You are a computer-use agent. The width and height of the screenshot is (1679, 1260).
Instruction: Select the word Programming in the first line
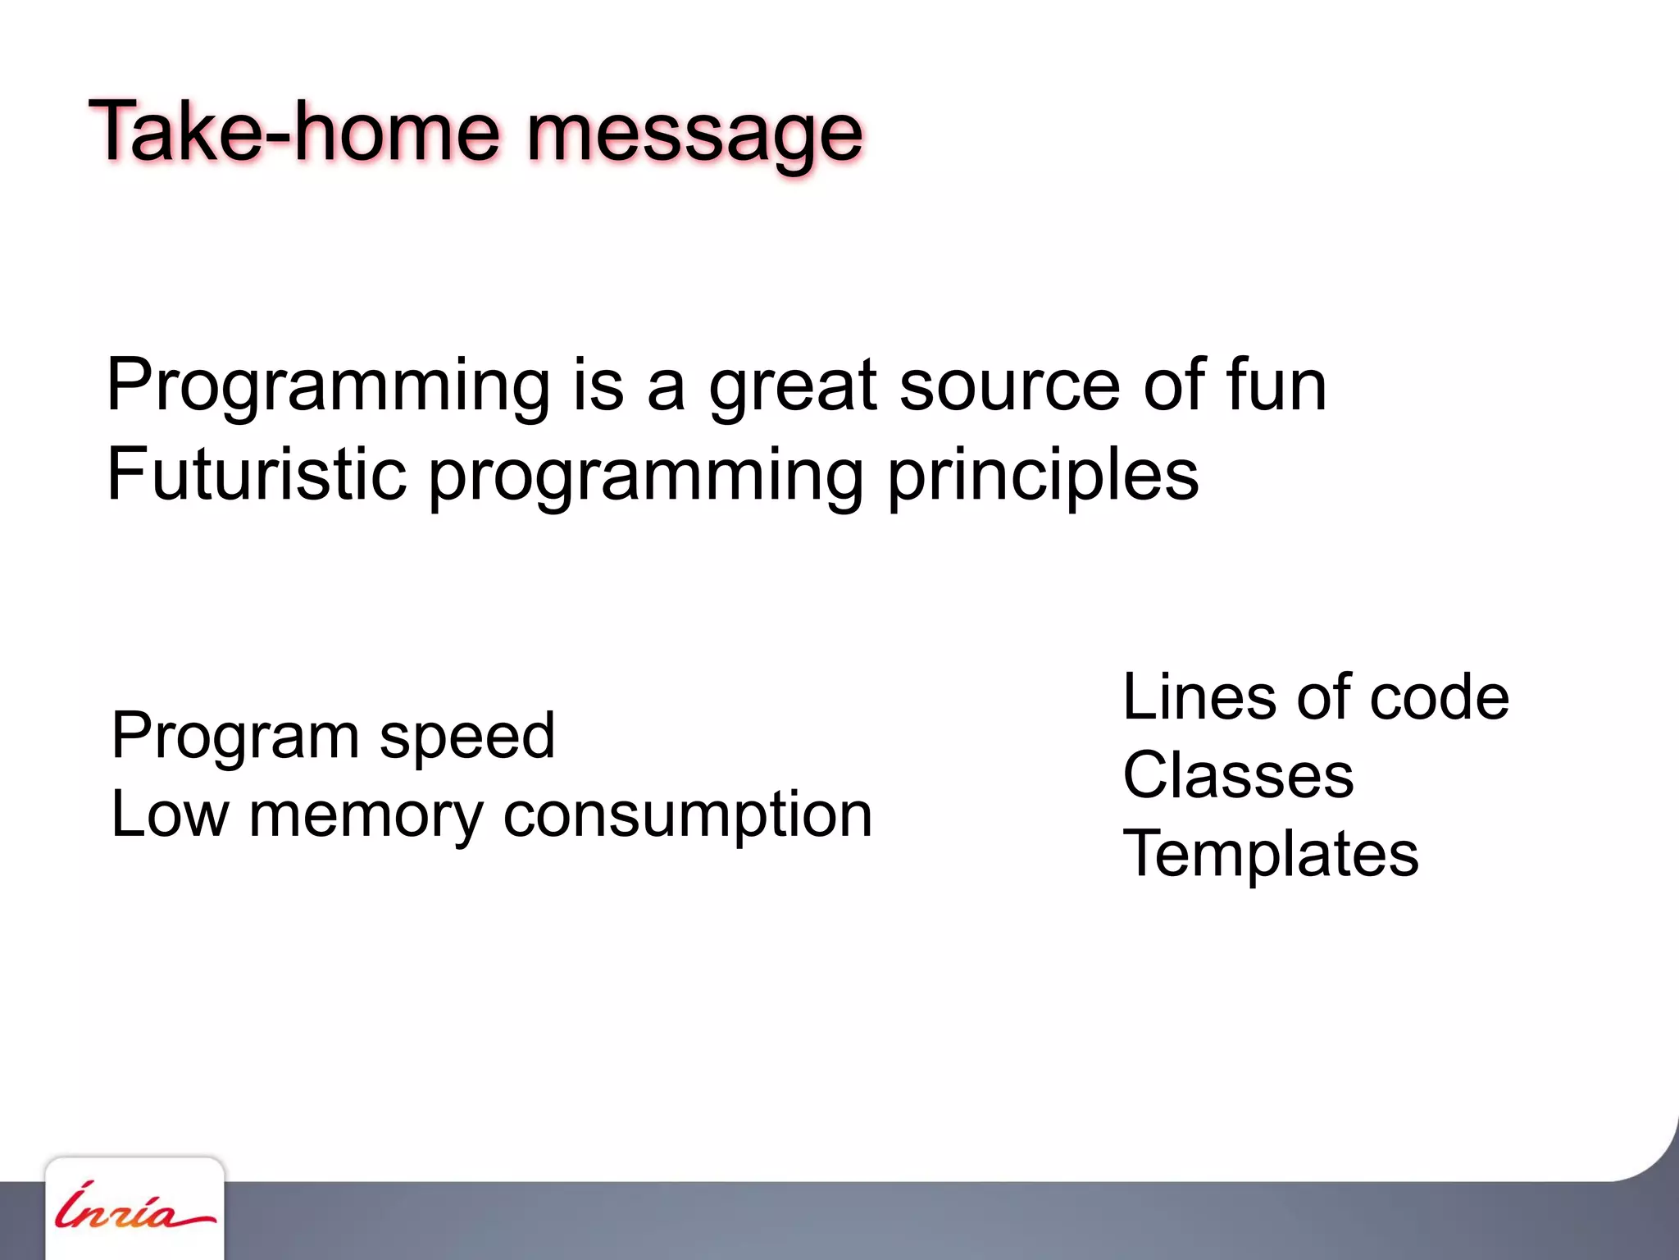328,387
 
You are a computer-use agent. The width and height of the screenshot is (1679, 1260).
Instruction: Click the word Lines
1198,697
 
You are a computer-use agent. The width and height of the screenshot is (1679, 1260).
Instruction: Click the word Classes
1238,775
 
